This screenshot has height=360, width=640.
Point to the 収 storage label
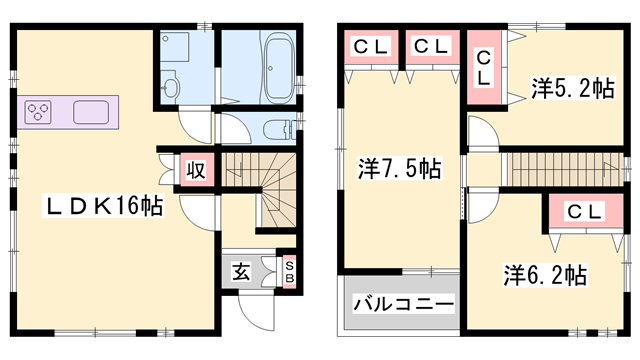tap(195, 169)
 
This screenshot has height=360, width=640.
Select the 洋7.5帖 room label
tap(399, 169)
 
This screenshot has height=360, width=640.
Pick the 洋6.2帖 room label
tap(545, 273)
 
